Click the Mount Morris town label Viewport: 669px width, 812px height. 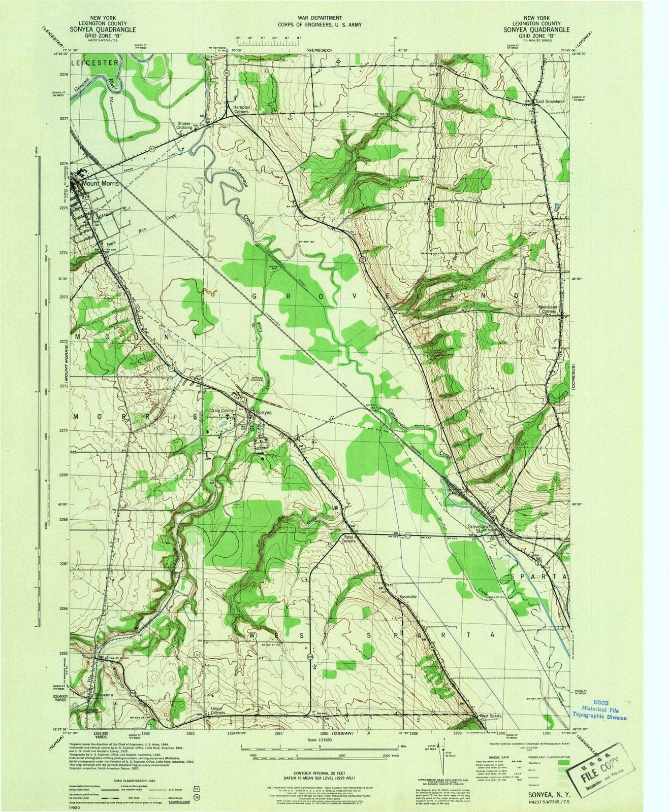coord(100,184)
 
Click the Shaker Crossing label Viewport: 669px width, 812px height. coord(184,125)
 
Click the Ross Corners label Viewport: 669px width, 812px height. coord(349,539)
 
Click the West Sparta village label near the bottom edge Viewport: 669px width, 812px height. coord(491,716)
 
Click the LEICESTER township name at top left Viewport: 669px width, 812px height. coord(94,62)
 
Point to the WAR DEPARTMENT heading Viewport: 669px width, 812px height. coord(320,18)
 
